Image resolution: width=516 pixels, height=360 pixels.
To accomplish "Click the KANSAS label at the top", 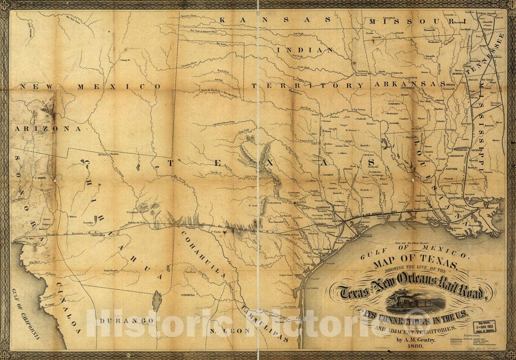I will [276, 19].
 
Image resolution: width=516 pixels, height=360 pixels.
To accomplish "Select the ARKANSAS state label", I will [408, 84].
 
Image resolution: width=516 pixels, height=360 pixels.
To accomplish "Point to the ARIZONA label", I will [48, 128].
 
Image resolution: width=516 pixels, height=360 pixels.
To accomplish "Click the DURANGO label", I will [125, 321].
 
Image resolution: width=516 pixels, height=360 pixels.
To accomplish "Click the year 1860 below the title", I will [407, 348].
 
